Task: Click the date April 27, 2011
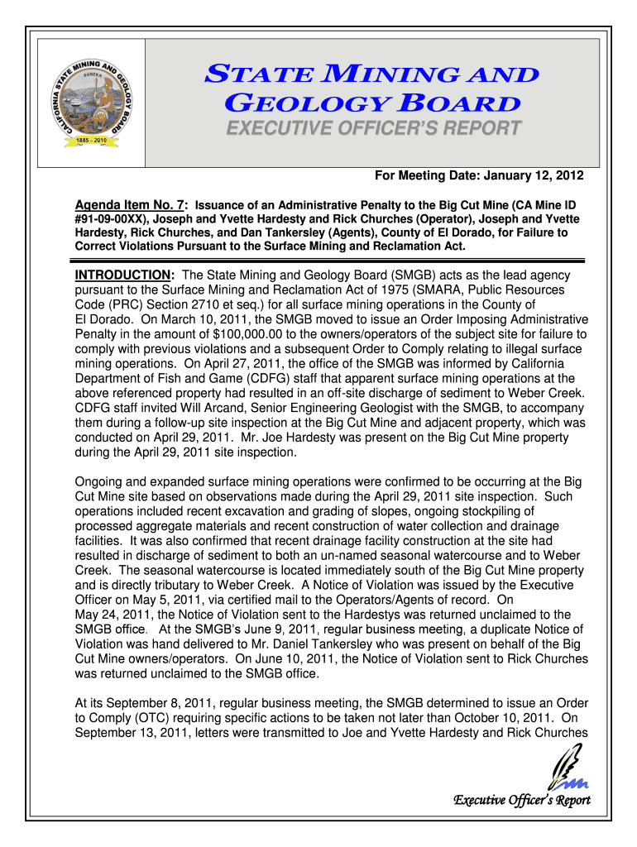pos(233,364)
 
